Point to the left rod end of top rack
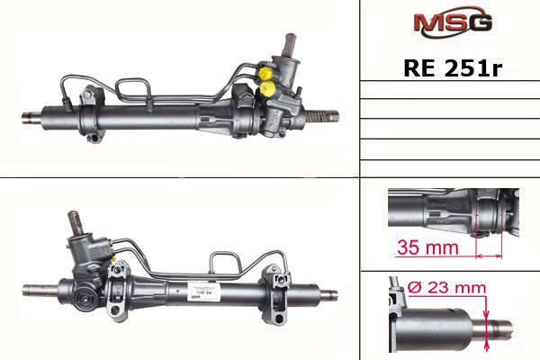coord(31,116)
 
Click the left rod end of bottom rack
coord(41,292)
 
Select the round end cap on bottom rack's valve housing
coord(86,296)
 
